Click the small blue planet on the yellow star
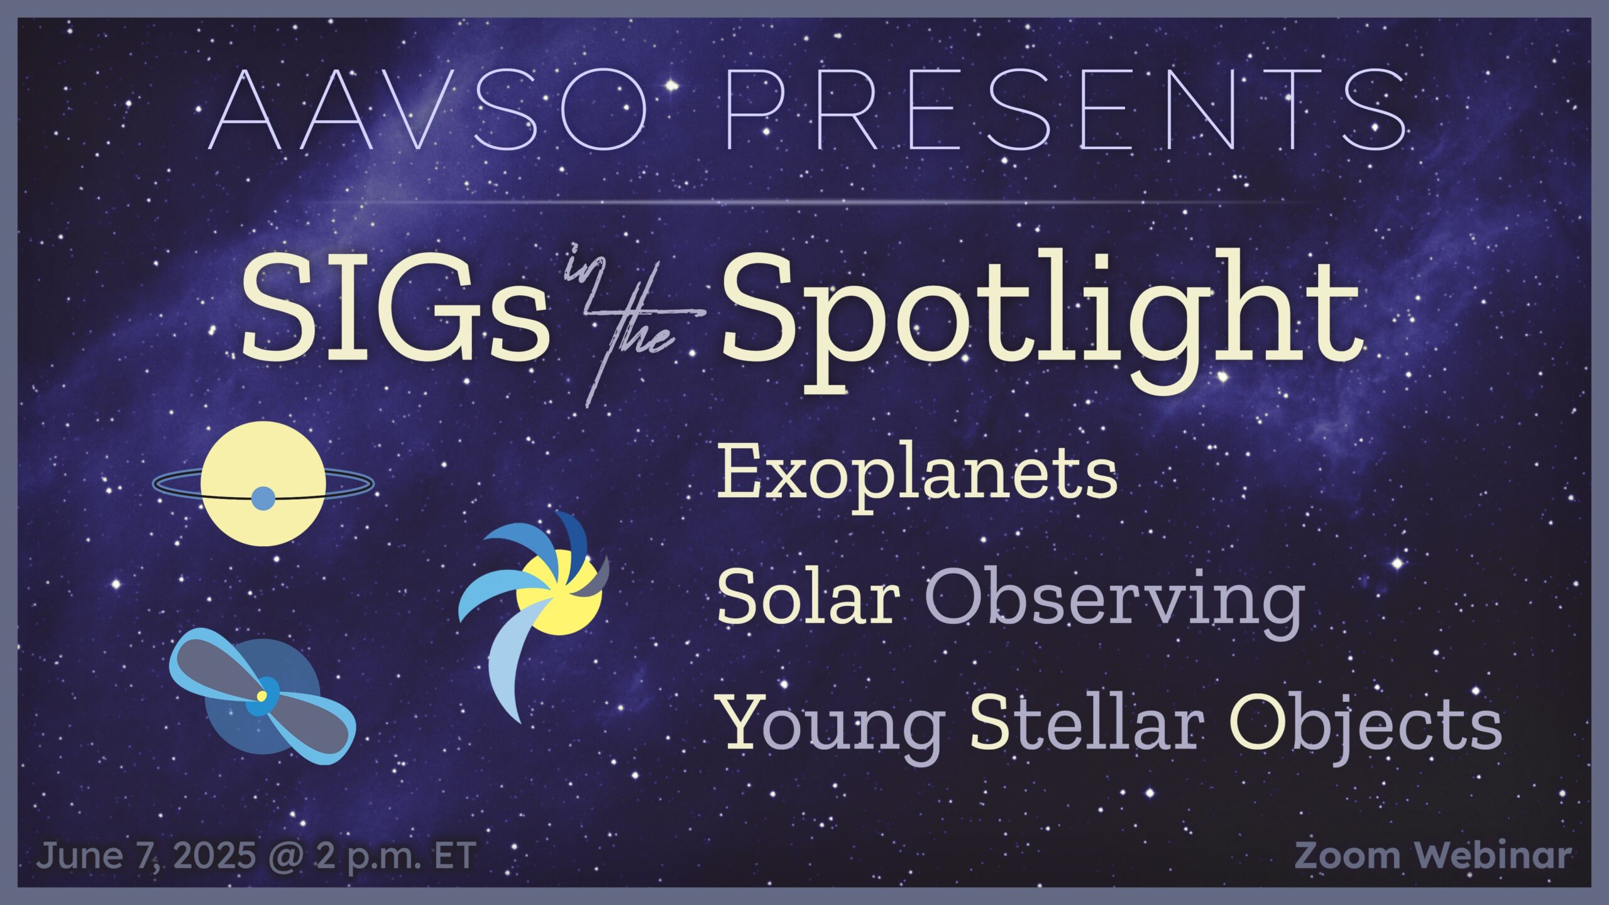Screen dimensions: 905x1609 (263, 498)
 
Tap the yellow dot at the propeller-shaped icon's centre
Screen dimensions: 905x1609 (261, 696)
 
